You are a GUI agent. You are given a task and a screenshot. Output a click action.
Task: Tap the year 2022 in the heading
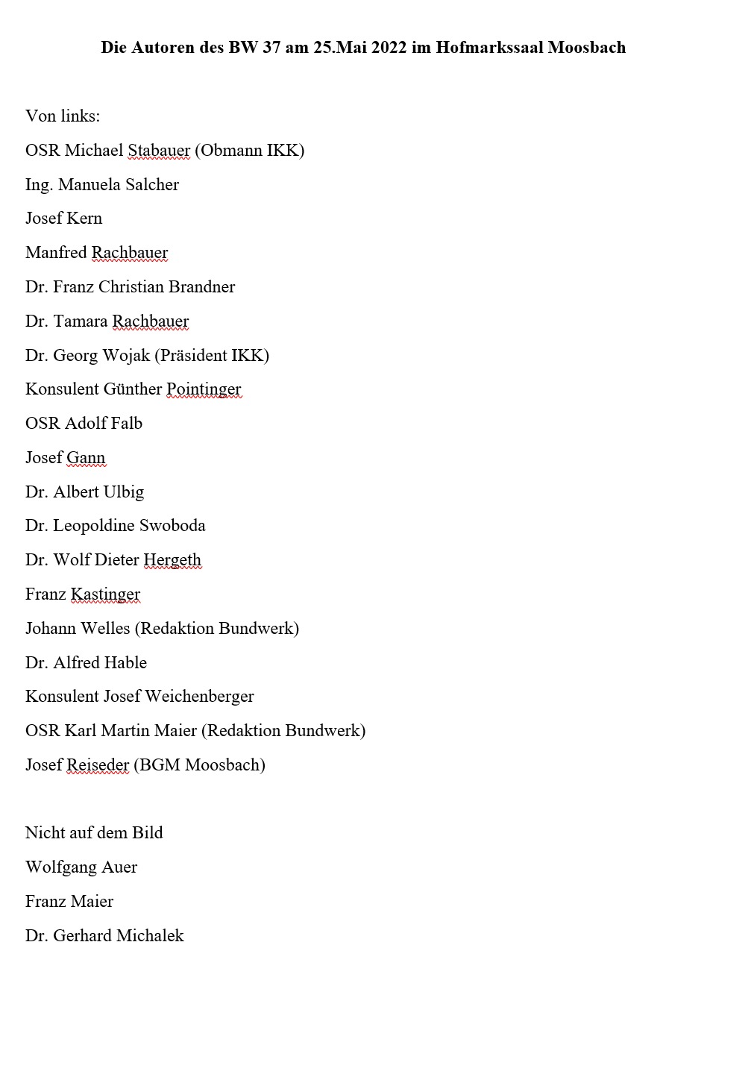pyautogui.click(x=389, y=48)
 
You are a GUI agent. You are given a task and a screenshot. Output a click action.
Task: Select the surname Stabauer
pyautogui.click(x=159, y=151)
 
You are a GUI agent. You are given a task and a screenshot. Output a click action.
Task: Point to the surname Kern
pyautogui.click(x=84, y=219)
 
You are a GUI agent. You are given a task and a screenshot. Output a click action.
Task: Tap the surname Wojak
pyautogui.click(x=126, y=356)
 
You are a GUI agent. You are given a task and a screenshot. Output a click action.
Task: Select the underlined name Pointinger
pyautogui.click(x=204, y=389)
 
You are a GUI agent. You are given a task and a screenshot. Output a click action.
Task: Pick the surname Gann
pyautogui.click(x=86, y=458)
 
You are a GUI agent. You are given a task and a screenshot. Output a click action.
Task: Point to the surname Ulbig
pyautogui.click(x=124, y=492)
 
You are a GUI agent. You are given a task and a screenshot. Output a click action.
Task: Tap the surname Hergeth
pyautogui.click(x=172, y=560)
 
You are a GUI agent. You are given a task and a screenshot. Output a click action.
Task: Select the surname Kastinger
pyautogui.click(x=105, y=594)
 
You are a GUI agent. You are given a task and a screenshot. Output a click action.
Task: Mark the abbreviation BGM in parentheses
pyautogui.click(x=160, y=765)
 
